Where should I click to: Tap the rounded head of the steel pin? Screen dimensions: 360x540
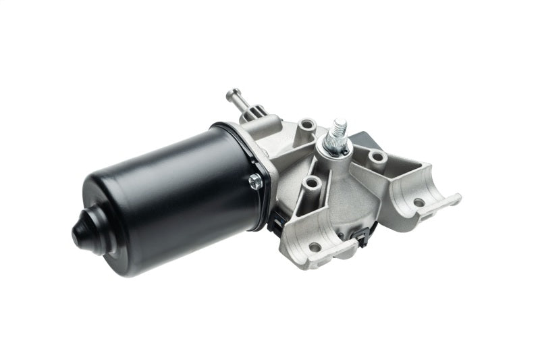[x=233, y=93]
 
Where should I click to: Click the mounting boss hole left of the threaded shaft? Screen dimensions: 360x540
[x=307, y=125]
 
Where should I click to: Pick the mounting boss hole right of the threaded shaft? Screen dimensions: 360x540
[x=377, y=159]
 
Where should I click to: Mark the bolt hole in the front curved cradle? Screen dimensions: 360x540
[x=315, y=246]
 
